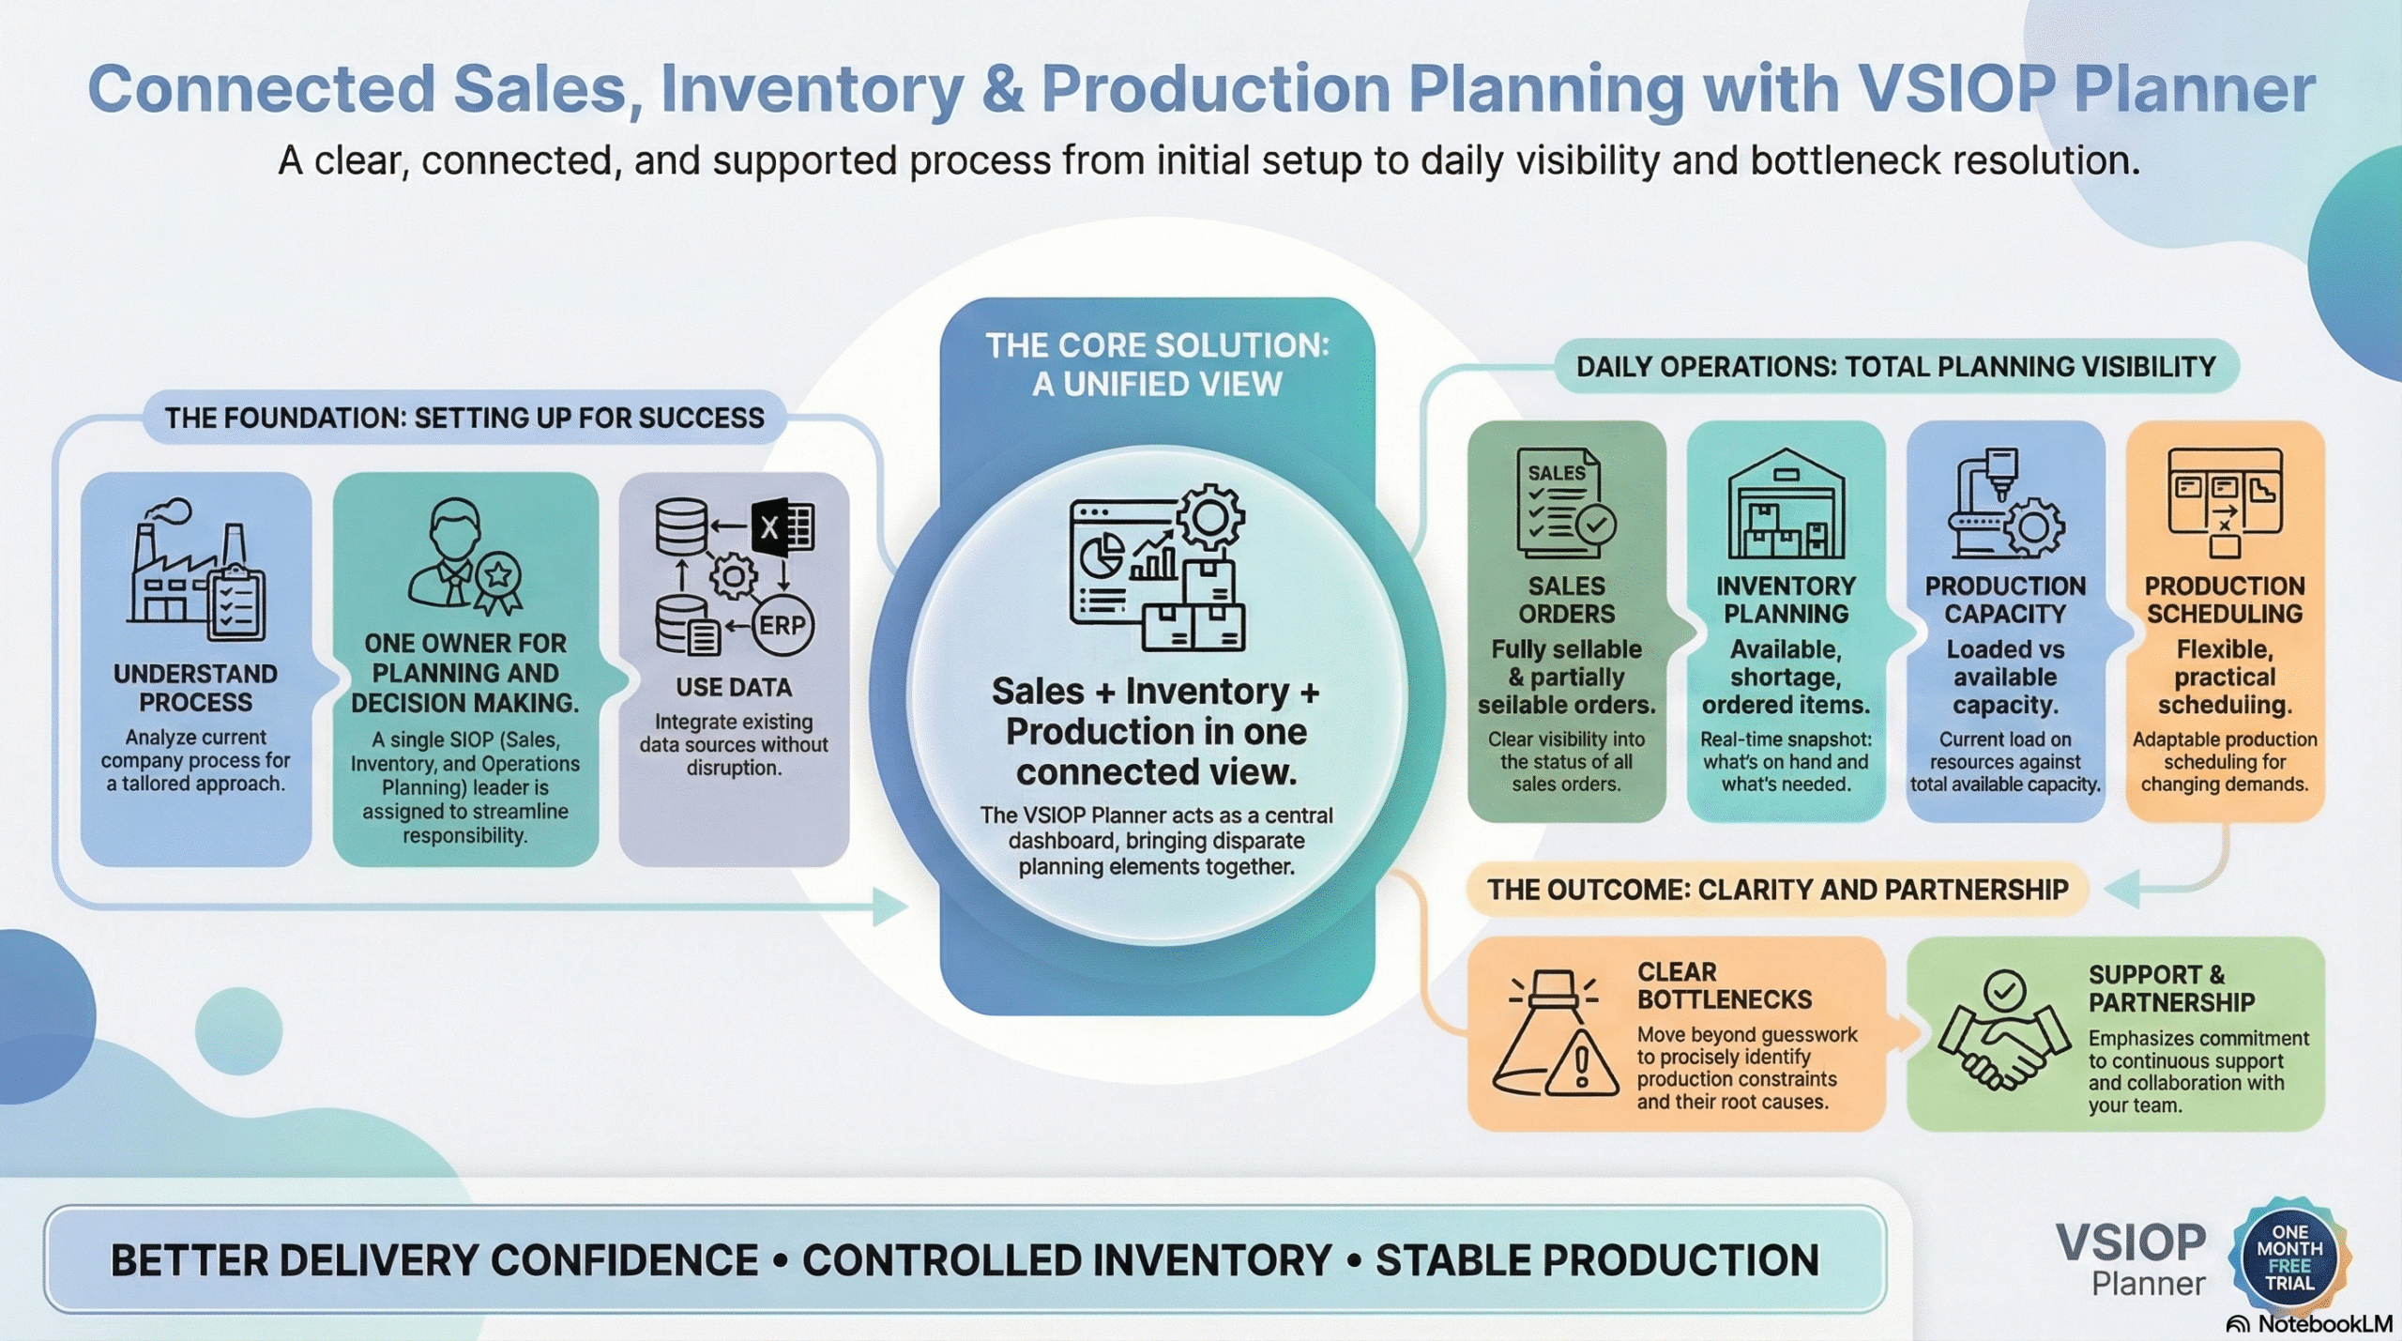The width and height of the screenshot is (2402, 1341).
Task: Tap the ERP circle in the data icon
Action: pyautogui.click(x=782, y=625)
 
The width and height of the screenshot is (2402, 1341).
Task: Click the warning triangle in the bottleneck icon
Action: pyautogui.click(x=1581, y=1066)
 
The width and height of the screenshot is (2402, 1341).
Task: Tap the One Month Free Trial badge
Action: pyautogui.click(x=2289, y=1257)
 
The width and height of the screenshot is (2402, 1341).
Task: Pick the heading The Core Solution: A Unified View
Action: pyautogui.click(x=1157, y=365)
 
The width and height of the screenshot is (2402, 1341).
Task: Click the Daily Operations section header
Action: pyautogui.click(x=1895, y=367)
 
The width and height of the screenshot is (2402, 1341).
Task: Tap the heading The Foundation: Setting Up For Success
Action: pyautogui.click(x=464, y=418)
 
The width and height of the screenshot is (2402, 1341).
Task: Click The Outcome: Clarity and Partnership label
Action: pyautogui.click(x=1777, y=890)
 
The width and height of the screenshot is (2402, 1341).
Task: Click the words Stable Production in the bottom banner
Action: pyautogui.click(x=1597, y=1260)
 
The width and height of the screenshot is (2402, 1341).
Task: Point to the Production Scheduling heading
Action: pyautogui.click(x=2224, y=600)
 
